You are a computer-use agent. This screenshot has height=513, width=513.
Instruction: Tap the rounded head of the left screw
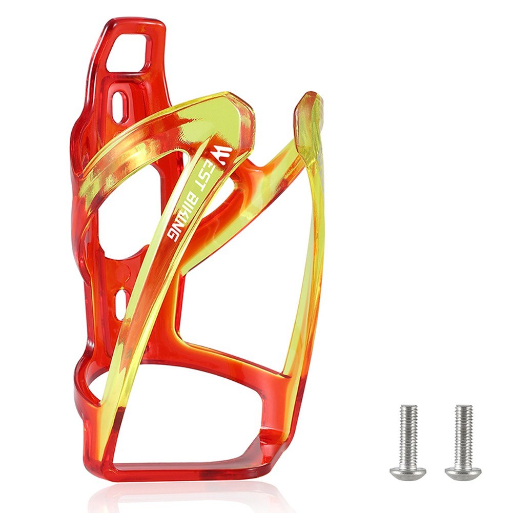click(407, 472)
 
